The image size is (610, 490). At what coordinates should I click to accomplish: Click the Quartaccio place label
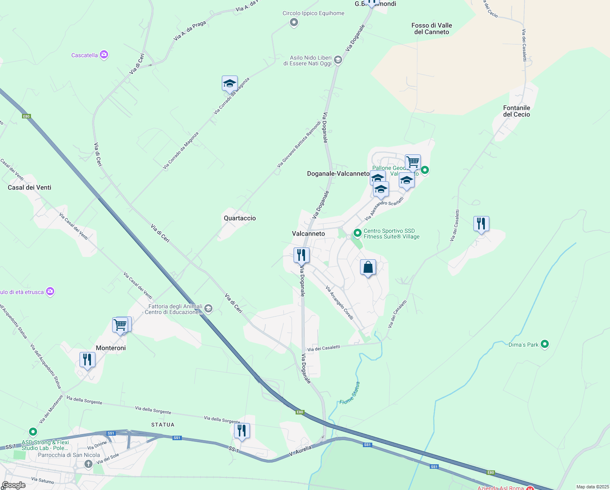[240, 218]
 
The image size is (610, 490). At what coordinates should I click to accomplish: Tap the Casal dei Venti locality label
[29, 187]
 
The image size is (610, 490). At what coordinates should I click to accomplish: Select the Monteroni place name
[111, 348]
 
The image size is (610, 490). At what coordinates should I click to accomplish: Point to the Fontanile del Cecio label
[516, 111]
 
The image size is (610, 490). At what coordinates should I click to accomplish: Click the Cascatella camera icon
[104, 55]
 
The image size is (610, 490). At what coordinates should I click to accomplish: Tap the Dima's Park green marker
[544, 344]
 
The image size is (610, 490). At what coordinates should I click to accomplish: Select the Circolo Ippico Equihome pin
[294, 22]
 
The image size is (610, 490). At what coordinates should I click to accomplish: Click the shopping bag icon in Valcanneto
[368, 267]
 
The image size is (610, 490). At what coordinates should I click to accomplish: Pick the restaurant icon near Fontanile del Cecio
[481, 224]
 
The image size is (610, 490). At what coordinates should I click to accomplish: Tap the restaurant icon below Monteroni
[87, 360]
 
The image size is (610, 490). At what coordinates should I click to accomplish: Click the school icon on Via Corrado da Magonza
[230, 83]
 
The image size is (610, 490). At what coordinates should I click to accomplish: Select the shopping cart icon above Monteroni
[121, 325]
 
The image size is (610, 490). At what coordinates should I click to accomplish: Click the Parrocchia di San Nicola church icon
[88, 464]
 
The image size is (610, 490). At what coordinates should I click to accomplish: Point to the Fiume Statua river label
[350, 393]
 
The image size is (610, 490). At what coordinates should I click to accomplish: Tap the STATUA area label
[163, 425]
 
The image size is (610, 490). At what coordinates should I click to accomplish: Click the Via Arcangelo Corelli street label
[339, 303]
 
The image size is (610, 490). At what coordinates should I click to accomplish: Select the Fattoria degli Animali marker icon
[208, 309]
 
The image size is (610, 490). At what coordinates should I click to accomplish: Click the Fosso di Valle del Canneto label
[431, 29]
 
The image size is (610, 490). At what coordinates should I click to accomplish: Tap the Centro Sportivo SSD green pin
[357, 233]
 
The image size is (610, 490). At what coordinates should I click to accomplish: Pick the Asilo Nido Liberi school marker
[338, 60]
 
